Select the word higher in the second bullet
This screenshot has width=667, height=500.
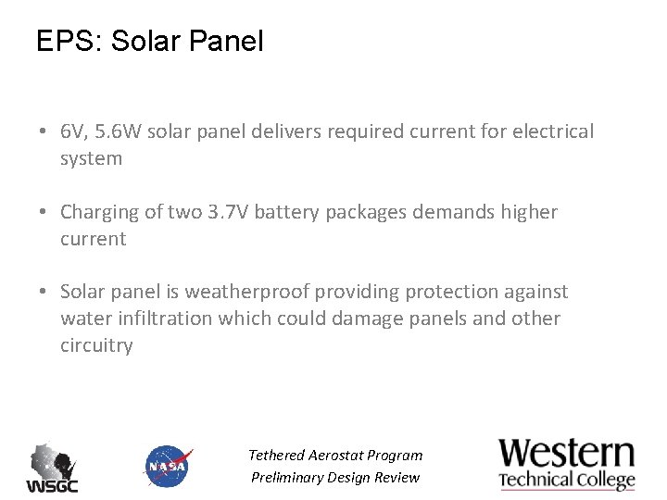click(x=528, y=212)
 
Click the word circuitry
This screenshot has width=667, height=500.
click(x=96, y=345)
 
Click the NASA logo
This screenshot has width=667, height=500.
click(x=169, y=466)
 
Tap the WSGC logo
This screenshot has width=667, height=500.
click(x=52, y=468)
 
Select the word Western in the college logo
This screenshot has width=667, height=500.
click(x=567, y=454)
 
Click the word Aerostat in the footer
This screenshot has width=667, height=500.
click(x=335, y=456)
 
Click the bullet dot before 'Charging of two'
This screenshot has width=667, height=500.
click(x=44, y=212)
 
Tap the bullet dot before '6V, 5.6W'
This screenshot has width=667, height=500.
click(x=44, y=132)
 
